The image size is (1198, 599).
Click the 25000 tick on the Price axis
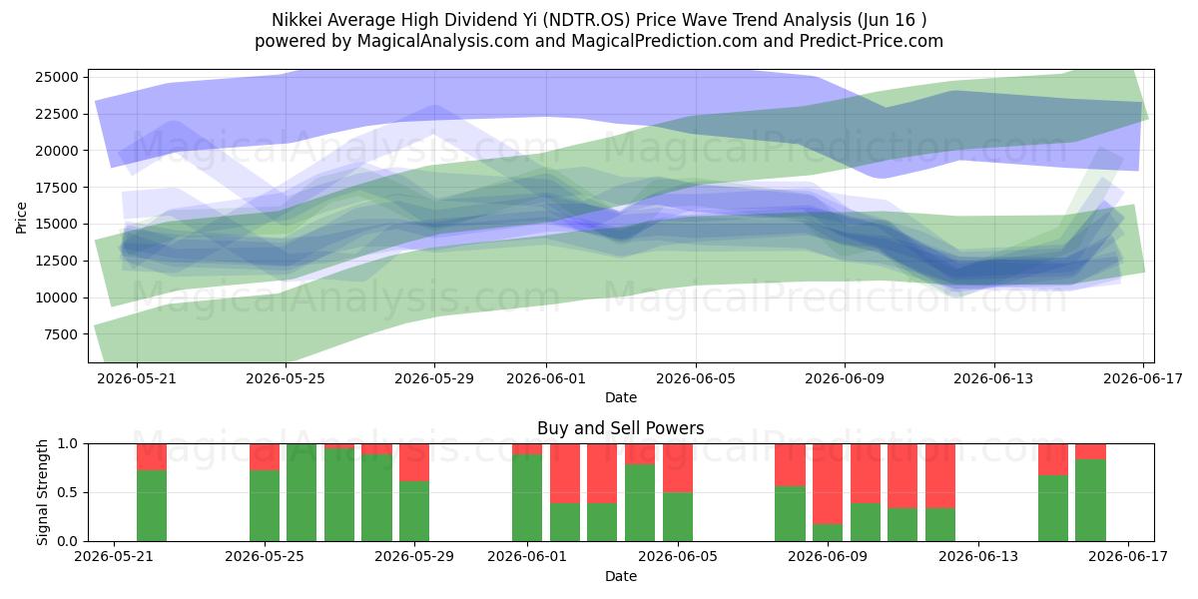coord(57,77)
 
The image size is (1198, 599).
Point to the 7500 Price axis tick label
coord(61,334)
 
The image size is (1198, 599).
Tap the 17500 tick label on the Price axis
coord(57,188)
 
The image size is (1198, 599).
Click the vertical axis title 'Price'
coord(21,218)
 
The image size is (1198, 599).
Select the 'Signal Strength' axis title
coord(42,492)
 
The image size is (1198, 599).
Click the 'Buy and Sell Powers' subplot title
coord(620,428)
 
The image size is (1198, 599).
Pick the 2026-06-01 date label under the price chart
coord(546,378)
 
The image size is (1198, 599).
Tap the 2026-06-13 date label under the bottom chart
coord(978,556)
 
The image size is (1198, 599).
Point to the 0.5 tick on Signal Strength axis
coord(68,492)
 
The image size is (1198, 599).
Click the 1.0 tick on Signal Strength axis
coord(68,444)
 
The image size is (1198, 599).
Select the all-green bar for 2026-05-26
coord(301,492)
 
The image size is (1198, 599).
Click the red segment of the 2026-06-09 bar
coord(828,484)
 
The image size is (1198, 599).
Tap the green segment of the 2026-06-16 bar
coord(1090,500)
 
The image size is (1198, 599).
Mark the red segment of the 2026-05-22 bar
coord(152,457)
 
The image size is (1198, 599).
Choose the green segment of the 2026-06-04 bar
coord(640,503)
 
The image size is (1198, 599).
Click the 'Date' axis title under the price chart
coord(620,398)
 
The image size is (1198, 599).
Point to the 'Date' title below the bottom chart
coord(620,577)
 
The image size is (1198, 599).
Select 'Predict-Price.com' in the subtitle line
coord(872,41)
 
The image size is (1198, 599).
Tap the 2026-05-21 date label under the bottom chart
coord(114,556)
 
